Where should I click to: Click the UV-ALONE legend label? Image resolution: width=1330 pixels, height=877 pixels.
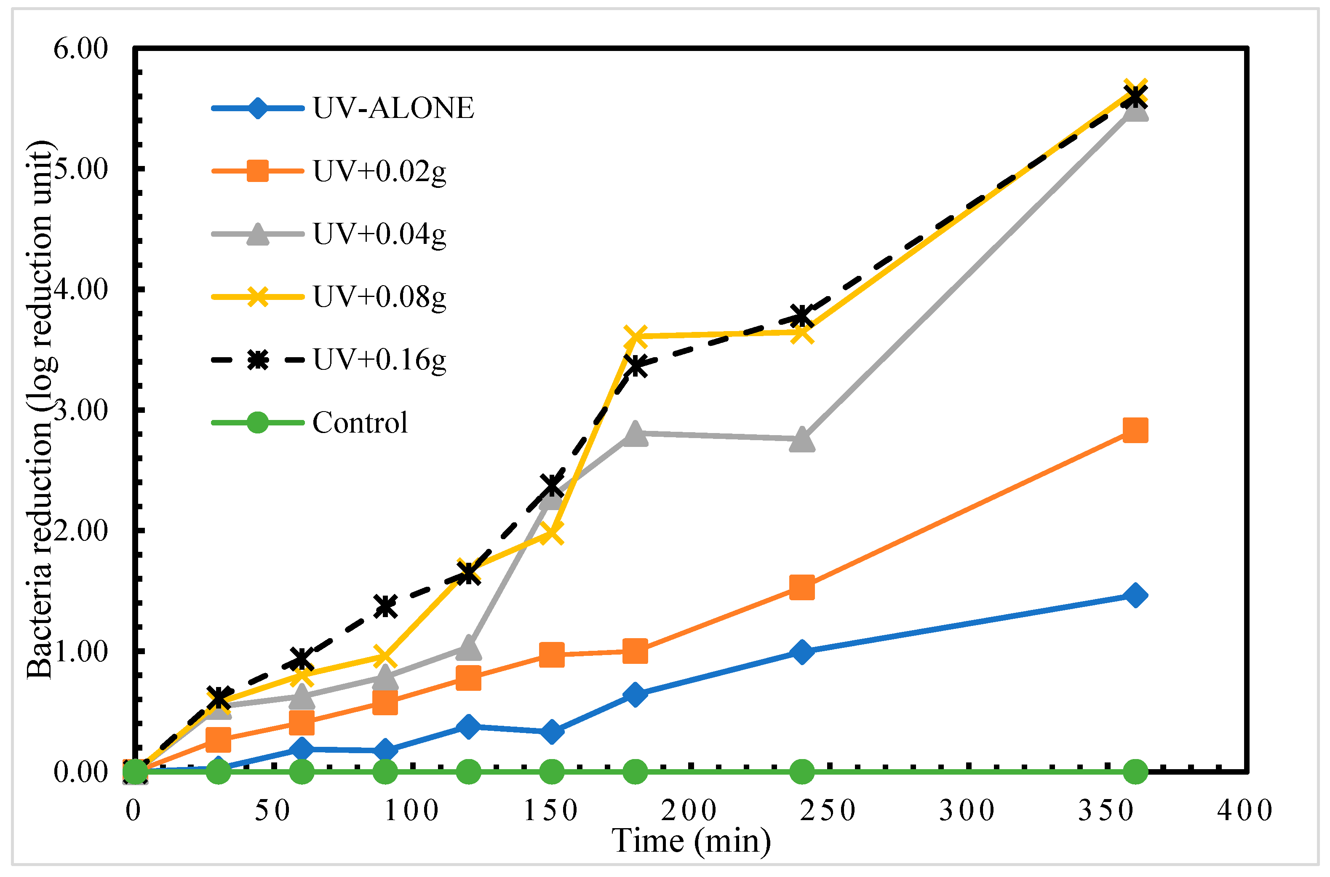[x=393, y=108]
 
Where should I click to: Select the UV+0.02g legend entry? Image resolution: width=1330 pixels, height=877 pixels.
[x=379, y=171]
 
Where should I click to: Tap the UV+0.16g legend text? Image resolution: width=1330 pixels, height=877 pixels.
[x=379, y=360]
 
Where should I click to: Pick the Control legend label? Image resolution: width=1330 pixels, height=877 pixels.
[x=360, y=423]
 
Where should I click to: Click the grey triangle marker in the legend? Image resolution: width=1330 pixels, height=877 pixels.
[x=258, y=234]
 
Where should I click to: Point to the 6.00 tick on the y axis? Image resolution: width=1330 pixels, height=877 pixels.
[x=80, y=49]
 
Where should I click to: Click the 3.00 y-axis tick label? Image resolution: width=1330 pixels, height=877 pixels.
[x=80, y=411]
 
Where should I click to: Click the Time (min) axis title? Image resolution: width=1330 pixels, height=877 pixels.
[x=692, y=841]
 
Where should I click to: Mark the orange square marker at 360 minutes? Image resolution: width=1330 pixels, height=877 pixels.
[x=1135, y=430]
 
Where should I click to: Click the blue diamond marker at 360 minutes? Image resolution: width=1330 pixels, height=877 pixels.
[x=1135, y=595]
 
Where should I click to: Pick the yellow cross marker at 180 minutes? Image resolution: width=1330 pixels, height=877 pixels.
[x=635, y=336]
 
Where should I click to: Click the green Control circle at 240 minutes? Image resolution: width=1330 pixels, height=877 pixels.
[x=802, y=772]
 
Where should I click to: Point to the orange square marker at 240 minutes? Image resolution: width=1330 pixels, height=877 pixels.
[x=802, y=587]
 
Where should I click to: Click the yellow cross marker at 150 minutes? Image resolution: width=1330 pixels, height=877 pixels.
[x=552, y=532]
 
